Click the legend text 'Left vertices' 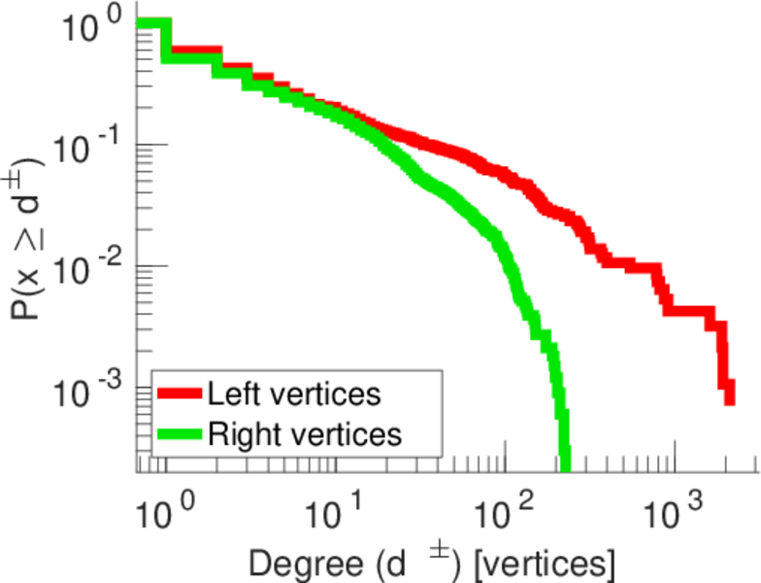coord(293,394)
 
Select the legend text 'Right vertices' coord(303,433)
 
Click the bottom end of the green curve coord(564,466)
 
